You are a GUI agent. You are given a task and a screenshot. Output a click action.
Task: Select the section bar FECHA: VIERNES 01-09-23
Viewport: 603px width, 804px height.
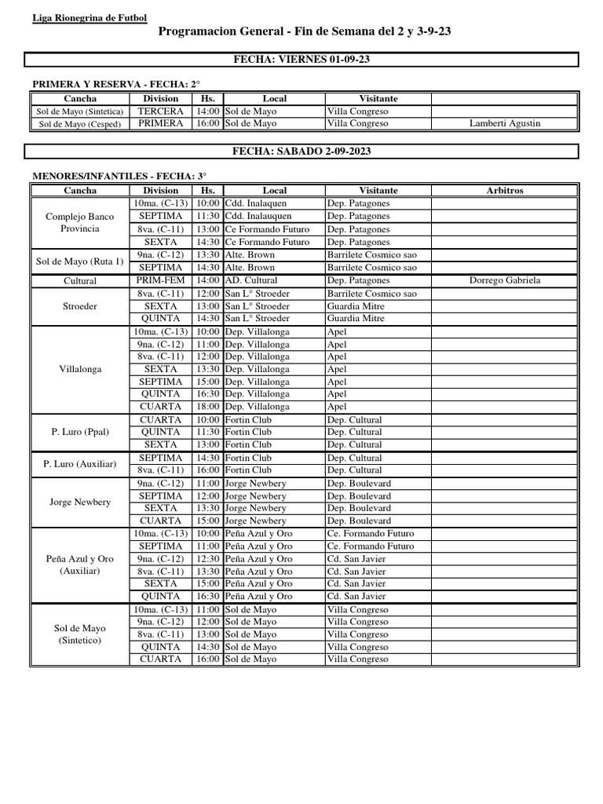tap(302, 60)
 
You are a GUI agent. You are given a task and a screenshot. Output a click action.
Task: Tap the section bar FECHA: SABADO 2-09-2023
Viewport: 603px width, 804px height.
tap(302, 151)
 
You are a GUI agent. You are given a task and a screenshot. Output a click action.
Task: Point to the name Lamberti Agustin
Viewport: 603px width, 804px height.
tap(505, 123)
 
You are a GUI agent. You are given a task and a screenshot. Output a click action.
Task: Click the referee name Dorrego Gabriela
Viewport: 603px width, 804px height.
tap(505, 280)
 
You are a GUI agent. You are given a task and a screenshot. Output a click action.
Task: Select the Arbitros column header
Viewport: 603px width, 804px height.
tap(505, 190)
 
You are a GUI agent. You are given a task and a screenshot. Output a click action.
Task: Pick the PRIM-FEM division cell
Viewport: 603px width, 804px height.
tap(160, 280)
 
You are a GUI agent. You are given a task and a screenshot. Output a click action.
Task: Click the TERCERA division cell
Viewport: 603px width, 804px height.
tap(160, 111)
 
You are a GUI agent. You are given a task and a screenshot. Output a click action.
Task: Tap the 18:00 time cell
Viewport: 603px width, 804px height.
tap(207, 407)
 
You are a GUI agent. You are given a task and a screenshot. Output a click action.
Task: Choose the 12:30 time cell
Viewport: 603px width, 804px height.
tap(207, 558)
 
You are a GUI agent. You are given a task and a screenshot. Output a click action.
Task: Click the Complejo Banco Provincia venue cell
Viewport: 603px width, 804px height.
tap(80, 222)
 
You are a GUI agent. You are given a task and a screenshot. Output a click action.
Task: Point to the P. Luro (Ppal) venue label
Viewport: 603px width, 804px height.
tap(80, 432)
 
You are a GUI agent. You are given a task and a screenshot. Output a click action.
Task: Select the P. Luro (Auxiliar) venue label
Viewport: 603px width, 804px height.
tap(80, 464)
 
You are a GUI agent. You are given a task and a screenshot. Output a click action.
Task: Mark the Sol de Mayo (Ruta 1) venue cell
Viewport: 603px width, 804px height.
tap(80, 261)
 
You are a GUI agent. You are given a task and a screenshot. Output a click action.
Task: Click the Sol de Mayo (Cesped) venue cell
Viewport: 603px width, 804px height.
tap(80, 123)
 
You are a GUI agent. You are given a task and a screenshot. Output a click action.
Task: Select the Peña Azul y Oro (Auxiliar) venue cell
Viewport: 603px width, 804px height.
tap(80, 565)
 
